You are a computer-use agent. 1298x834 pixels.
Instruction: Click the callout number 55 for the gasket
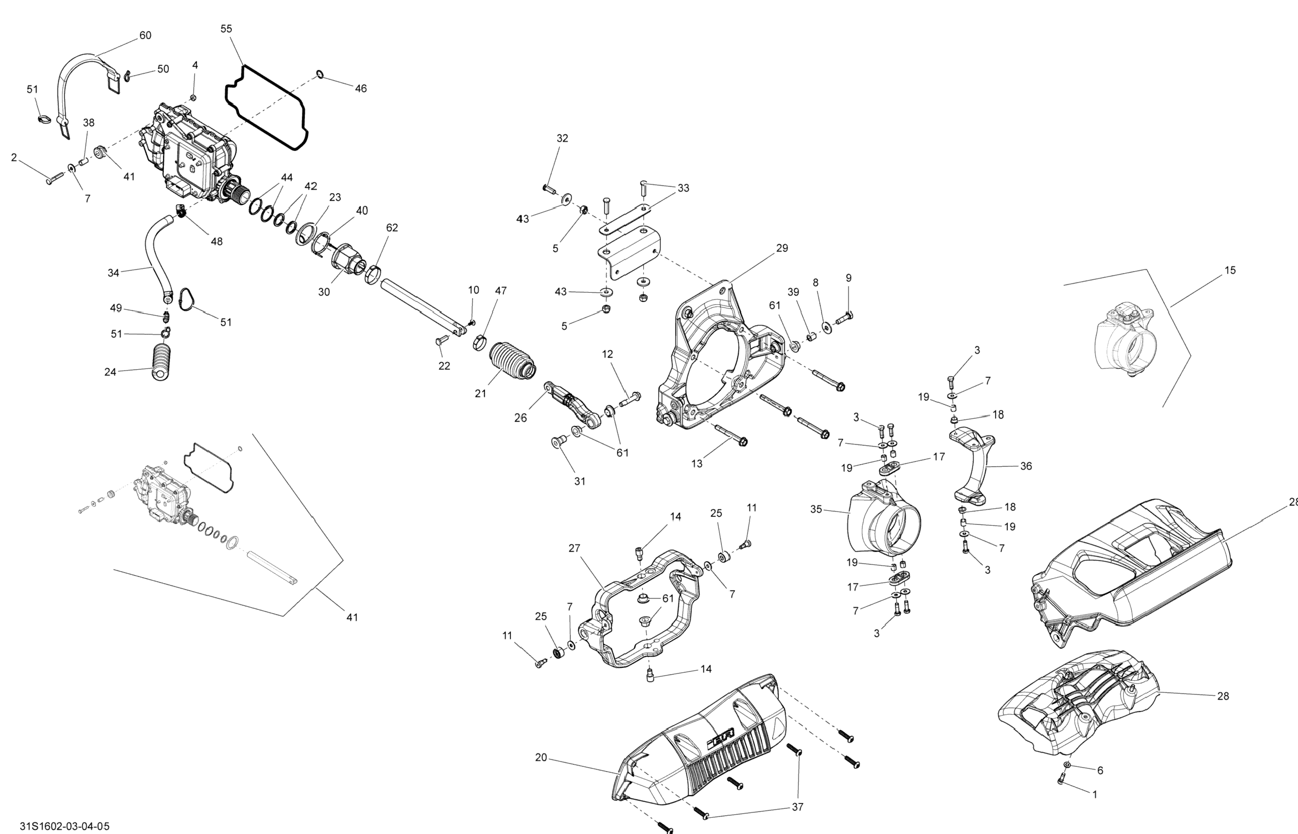click(x=227, y=29)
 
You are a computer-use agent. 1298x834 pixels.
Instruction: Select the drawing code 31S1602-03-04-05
click(x=65, y=826)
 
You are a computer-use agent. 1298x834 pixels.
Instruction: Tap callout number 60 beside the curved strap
click(x=145, y=36)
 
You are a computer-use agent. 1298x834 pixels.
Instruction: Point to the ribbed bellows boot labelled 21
click(x=512, y=361)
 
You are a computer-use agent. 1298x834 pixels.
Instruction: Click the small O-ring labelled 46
click(x=320, y=74)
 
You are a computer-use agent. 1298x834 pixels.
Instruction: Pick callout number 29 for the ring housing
click(x=782, y=248)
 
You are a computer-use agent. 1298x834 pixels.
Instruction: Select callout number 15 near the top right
click(x=1230, y=270)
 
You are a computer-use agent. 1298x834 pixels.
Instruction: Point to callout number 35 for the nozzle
click(x=816, y=510)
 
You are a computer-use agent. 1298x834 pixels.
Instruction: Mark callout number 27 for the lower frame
click(x=574, y=548)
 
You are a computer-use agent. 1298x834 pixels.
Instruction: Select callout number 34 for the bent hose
click(x=113, y=273)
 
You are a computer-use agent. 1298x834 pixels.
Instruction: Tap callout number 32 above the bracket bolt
click(x=562, y=139)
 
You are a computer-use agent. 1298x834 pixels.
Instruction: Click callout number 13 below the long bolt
click(x=697, y=464)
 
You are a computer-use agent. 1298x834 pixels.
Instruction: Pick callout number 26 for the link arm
click(x=521, y=418)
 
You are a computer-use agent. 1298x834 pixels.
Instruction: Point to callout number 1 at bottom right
click(x=1094, y=794)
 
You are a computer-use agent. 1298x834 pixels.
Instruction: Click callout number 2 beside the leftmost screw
click(x=14, y=158)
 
